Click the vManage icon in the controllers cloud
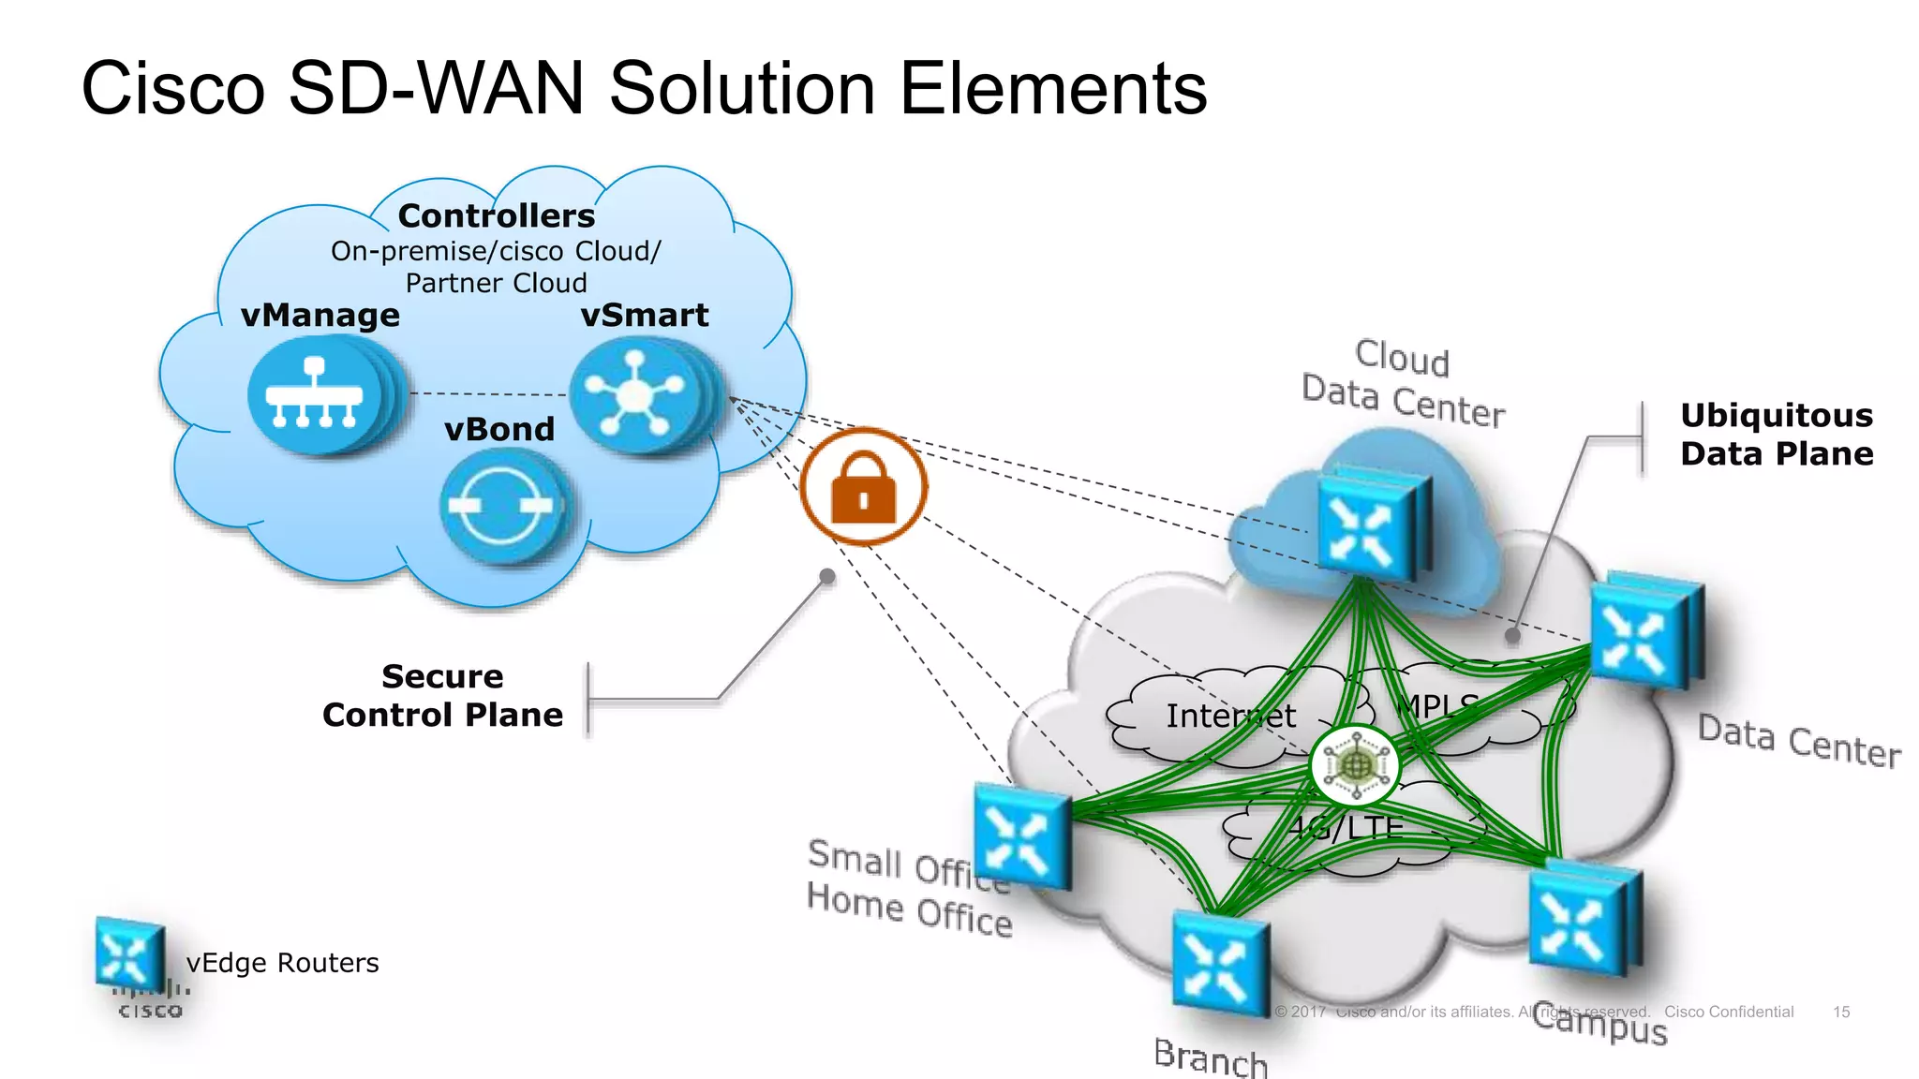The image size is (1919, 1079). click(x=316, y=397)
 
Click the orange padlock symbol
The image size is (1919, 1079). click(x=863, y=487)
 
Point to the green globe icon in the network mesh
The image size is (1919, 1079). click(x=1355, y=766)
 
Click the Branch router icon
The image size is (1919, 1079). click(x=1218, y=965)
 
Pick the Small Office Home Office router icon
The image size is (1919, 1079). click(x=1020, y=836)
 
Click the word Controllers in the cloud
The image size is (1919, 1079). click(x=496, y=216)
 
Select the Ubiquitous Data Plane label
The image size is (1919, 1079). click(x=1776, y=435)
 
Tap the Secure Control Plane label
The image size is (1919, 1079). click(x=442, y=696)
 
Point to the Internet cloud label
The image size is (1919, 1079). click(x=1229, y=717)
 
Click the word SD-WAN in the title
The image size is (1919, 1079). click(x=438, y=88)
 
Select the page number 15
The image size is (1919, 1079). click(x=1840, y=1012)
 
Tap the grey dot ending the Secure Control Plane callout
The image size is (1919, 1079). click(x=827, y=576)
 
